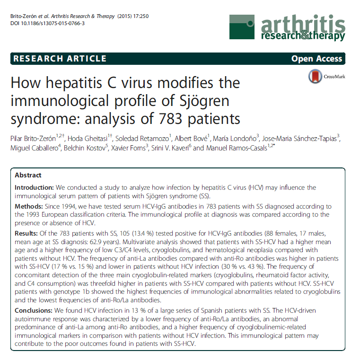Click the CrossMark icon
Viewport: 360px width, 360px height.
tap(314, 76)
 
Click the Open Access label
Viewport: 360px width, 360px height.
tap(316, 59)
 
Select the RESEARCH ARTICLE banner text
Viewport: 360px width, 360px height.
tap(60, 59)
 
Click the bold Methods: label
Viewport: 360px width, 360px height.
tap(29, 207)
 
